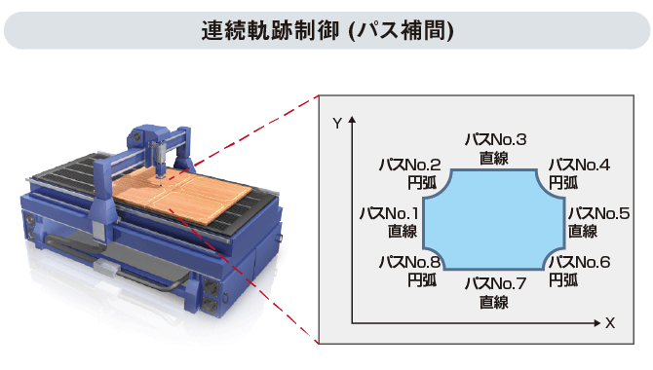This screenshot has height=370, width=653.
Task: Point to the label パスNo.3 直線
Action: (494, 147)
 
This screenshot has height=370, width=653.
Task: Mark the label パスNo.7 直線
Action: (494, 292)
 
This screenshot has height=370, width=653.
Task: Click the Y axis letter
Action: (336, 124)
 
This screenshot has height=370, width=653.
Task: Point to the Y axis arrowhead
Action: (351, 120)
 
